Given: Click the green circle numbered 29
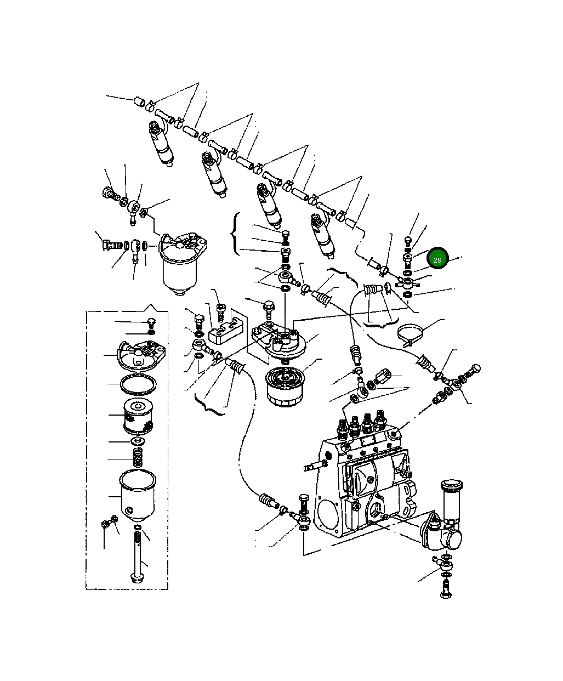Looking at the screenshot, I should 437,260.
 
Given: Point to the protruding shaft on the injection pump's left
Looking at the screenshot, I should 312,467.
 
